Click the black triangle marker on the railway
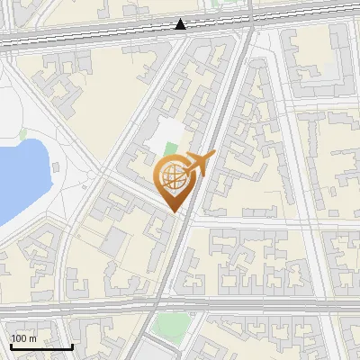click(x=181, y=24)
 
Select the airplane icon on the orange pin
click(x=198, y=165)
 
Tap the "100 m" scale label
click(x=24, y=338)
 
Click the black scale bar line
click(x=41, y=346)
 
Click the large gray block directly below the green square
click(x=162, y=351)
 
